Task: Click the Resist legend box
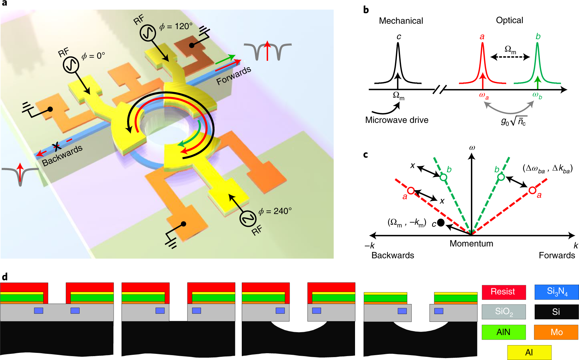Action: point(503,292)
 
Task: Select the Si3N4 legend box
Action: point(556,292)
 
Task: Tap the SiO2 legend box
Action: point(503,312)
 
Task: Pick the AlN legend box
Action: point(503,332)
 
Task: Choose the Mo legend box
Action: point(556,332)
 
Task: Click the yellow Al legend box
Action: point(529,352)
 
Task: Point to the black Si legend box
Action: point(556,312)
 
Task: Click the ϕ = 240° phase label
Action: point(275,211)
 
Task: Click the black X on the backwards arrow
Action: point(57,147)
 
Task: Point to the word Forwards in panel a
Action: point(233,76)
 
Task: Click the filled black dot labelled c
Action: point(440,223)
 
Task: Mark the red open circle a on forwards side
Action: point(532,191)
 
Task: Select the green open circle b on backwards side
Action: point(443,177)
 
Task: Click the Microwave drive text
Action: point(396,120)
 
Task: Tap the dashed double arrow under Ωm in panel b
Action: point(510,57)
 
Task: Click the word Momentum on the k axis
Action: point(471,244)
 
